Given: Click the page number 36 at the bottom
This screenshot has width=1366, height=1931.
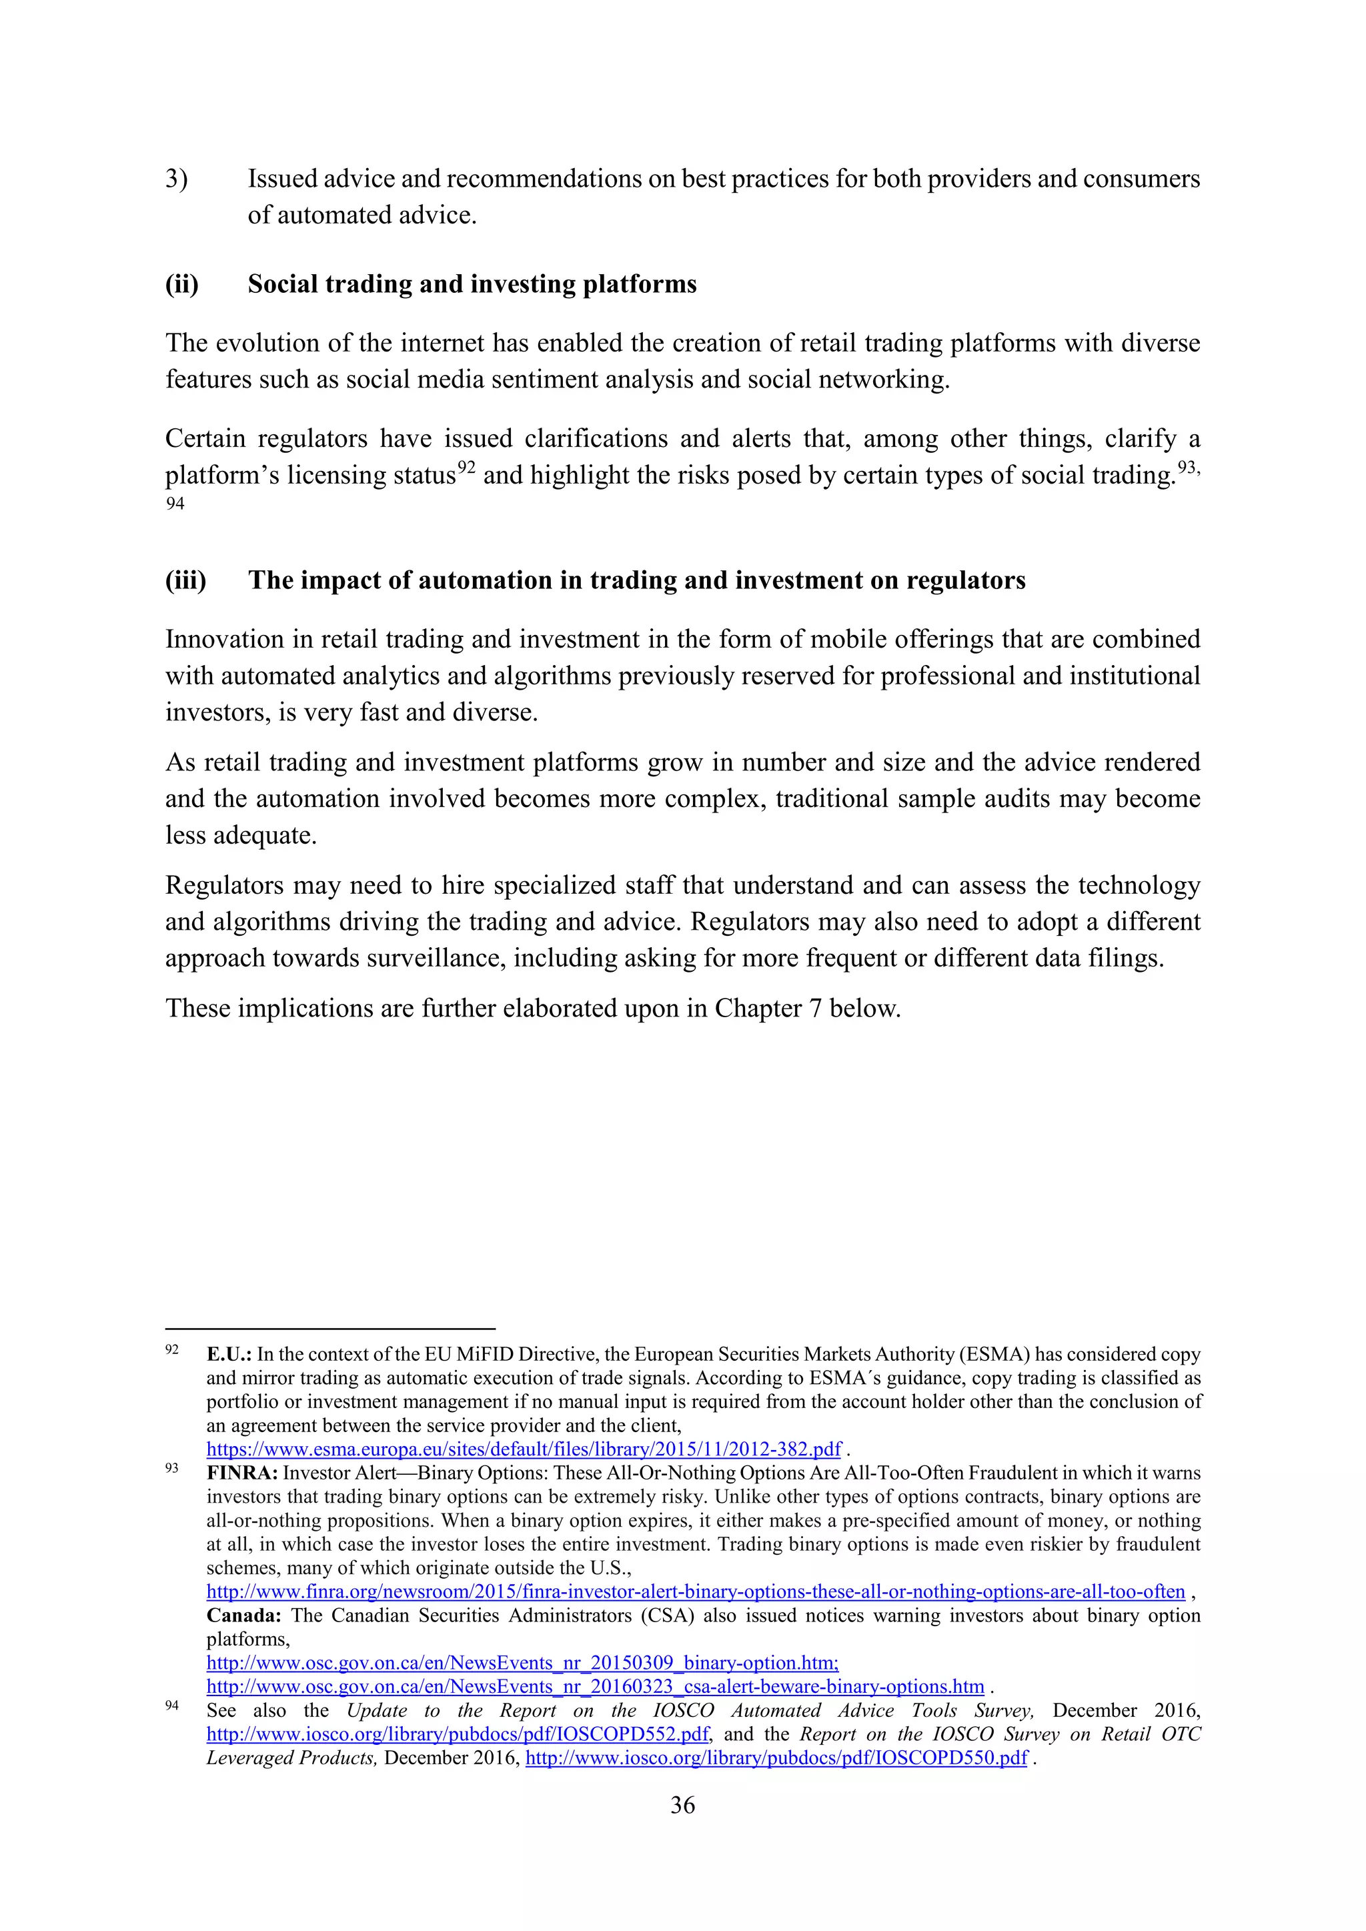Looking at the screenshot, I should point(682,1805).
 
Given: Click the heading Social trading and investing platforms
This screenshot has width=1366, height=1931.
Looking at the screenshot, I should point(472,284).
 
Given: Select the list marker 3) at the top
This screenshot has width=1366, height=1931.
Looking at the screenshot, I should point(176,179).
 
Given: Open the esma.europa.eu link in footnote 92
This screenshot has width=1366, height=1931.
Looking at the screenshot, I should point(523,1449).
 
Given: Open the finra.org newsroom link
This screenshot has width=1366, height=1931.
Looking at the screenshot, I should point(696,1591).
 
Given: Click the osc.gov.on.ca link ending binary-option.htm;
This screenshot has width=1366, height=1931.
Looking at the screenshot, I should point(522,1663).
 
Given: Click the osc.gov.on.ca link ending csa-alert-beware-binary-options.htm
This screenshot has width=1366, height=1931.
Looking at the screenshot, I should point(595,1686).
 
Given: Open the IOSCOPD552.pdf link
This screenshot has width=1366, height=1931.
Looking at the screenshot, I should point(458,1734).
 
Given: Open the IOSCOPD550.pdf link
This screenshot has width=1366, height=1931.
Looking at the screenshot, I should point(776,1758).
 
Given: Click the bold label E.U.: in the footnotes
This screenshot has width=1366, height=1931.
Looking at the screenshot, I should point(229,1354).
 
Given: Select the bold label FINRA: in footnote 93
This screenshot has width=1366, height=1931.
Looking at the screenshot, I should point(242,1473).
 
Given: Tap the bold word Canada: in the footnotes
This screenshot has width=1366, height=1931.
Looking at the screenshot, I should point(243,1615).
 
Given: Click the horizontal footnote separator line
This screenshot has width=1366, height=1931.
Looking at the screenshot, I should point(329,1328).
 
